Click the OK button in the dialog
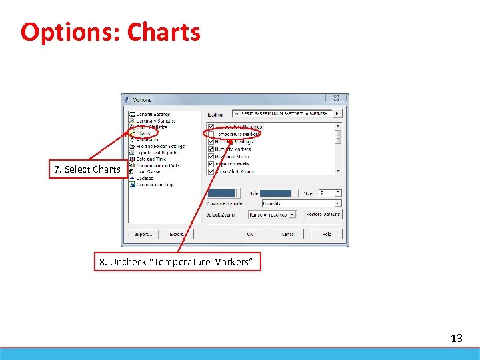pos(250,235)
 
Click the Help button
pos(327,235)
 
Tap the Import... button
pos(143,235)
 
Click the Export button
pos(177,235)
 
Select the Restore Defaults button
pos(323,215)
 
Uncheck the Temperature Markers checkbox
pos(211,134)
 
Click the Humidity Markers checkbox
pos(211,149)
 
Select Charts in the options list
pos(143,133)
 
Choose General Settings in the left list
pos(153,115)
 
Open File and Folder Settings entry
pos(160,146)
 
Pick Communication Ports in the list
pos(158,165)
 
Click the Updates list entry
pos(145,178)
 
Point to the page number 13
pos(456,339)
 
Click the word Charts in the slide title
pos(163,32)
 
